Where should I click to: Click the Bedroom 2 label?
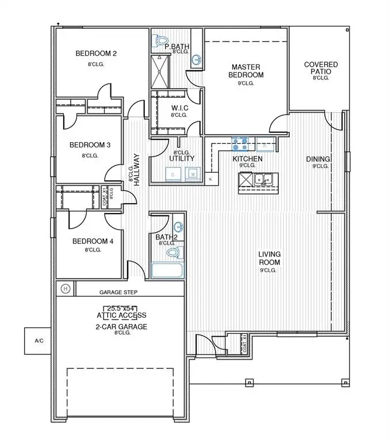96,54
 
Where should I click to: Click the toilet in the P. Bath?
161,41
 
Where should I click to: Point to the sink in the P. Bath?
196,59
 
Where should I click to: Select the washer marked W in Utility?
193,173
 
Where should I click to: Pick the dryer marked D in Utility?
173,173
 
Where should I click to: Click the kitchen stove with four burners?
240,143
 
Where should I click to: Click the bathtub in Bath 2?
167,270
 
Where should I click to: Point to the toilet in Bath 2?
178,252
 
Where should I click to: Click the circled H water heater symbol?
66,288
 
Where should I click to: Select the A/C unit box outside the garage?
39,341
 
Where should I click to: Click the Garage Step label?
118,292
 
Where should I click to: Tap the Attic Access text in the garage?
121,315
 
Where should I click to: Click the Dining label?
317,159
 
